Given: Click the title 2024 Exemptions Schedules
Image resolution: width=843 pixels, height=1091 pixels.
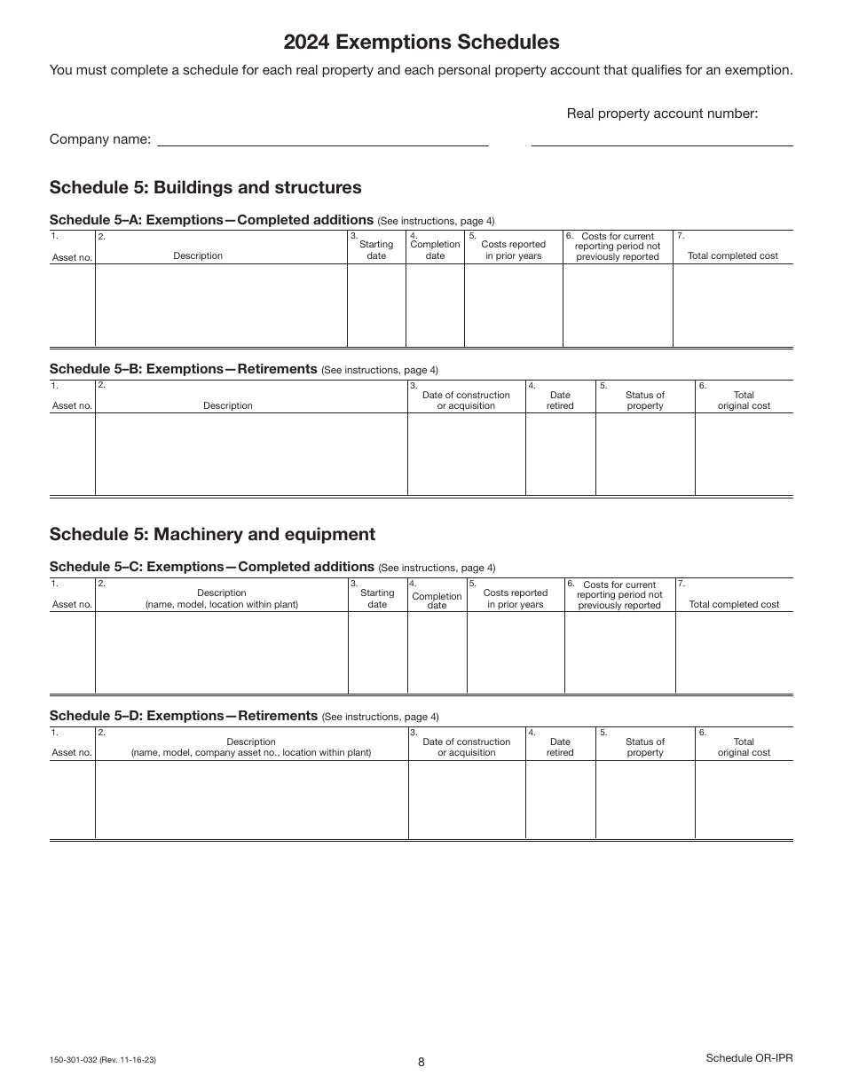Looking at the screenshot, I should pyautogui.click(x=421, y=42).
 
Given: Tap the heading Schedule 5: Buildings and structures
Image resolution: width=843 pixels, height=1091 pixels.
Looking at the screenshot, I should pyautogui.click(x=206, y=187).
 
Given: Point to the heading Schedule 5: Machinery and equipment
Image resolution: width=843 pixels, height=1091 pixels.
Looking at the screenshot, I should pyautogui.click(x=212, y=534).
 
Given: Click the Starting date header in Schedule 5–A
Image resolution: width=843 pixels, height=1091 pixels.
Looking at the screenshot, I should pyautogui.click(x=376, y=250).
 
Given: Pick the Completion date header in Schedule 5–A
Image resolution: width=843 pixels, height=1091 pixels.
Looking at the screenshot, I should pyautogui.click(x=435, y=250).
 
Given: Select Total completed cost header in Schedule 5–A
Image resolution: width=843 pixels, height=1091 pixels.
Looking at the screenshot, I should pyautogui.click(x=733, y=255).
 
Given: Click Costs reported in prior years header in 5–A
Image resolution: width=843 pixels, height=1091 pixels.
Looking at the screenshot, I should pyautogui.click(x=513, y=250).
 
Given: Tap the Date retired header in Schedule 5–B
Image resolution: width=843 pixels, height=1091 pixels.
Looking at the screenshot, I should pyautogui.click(x=560, y=400).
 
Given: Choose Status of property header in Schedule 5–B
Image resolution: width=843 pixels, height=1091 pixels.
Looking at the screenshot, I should pyautogui.click(x=645, y=400).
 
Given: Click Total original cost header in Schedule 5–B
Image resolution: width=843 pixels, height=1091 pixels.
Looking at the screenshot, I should pyautogui.click(x=744, y=400).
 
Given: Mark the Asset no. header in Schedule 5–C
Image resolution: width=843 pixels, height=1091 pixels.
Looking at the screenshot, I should pyautogui.click(x=72, y=604).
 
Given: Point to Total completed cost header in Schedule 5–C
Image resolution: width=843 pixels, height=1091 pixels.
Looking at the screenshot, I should pyautogui.click(x=734, y=604).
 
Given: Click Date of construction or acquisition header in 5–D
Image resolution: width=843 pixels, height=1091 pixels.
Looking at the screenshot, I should pyautogui.click(x=467, y=747).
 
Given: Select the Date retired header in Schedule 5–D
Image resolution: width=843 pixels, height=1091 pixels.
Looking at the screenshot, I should pyautogui.click(x=560, y=747).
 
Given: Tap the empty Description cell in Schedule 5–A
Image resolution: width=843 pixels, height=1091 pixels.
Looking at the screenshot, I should pyautogui.click(x=221, y=304).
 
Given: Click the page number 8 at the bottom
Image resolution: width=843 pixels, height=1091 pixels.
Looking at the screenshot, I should pyautogui.click(x=421, y=1062).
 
